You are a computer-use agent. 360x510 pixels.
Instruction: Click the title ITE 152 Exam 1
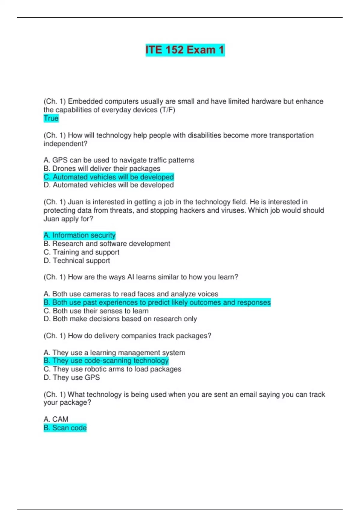185,50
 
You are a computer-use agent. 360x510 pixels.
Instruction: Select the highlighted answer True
51,118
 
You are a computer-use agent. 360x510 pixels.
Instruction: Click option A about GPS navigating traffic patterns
119,160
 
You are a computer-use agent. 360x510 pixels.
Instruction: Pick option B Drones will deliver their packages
102,168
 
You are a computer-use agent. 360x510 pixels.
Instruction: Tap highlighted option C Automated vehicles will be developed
109,177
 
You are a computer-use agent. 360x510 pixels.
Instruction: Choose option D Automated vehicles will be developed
109,185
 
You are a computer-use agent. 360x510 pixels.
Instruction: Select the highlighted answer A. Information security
79,235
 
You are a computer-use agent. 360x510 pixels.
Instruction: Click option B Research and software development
107,243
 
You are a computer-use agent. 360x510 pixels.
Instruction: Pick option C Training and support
81,252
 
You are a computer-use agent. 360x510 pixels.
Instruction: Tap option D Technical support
77,260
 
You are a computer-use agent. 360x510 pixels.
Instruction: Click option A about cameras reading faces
131,294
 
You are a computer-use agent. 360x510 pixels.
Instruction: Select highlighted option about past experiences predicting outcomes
157,302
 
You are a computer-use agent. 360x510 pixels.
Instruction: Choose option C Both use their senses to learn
96,310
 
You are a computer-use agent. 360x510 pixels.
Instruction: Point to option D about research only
120,319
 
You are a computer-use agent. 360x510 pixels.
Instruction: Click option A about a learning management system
114,352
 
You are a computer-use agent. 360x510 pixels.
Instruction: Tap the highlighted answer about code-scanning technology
106,360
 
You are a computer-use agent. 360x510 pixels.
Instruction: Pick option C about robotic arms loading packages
112,369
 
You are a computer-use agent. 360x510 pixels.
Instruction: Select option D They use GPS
72,377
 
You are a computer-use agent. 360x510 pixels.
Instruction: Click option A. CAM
56,419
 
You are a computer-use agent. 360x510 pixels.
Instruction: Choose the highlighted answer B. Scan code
65,427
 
